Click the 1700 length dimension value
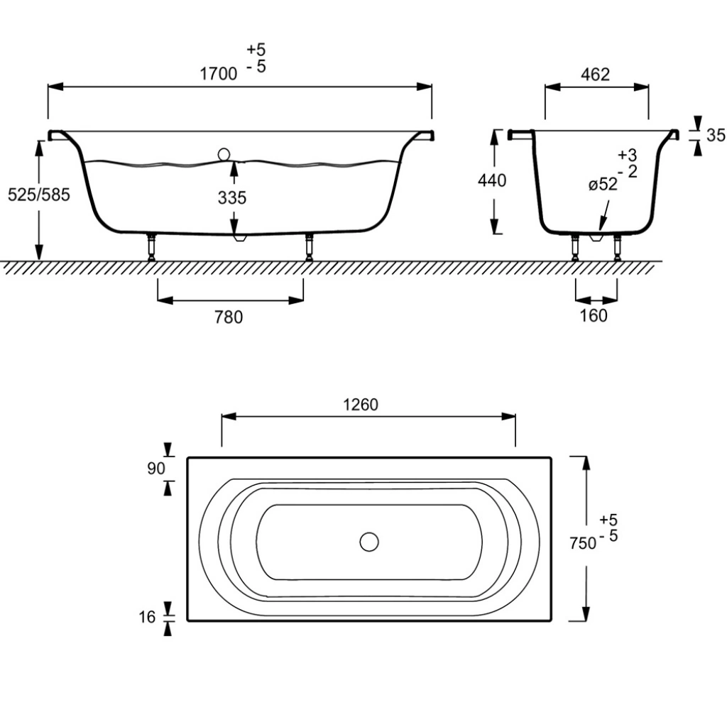(x=219, y=74)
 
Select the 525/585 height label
(x=39, y=195)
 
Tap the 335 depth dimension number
(x=232, y=198)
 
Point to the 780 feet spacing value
(x=229, y=317)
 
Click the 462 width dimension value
(x=596, y=74)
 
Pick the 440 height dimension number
(x=492, y=180)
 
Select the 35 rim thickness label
(x=716, y=135)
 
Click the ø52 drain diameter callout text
(x=603, y=184)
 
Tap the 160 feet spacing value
(x=594, y=316)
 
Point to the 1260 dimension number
(x=360, y=405)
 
